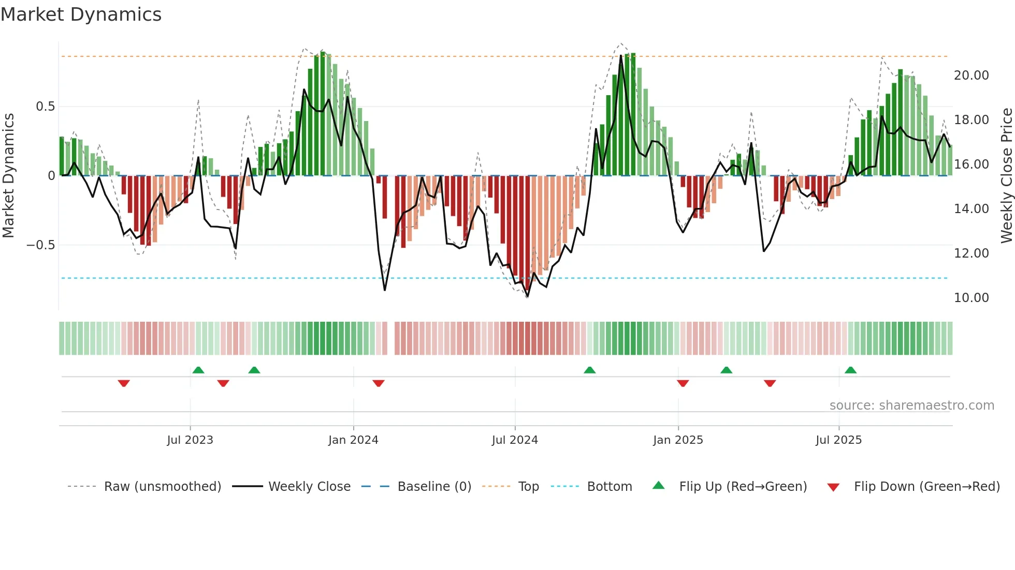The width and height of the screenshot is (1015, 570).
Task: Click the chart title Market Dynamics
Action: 81,14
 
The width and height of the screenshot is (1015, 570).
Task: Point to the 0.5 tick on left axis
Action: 45,107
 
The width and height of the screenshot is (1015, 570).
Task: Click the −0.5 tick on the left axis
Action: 40,245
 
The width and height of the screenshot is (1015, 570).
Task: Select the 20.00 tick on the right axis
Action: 971,76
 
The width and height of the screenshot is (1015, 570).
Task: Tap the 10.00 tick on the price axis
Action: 971,298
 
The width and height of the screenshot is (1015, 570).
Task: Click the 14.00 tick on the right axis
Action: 971,209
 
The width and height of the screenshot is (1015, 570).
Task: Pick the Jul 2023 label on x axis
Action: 190,440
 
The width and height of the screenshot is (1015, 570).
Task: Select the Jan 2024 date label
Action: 353,440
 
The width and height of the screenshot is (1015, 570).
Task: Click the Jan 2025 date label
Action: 678,440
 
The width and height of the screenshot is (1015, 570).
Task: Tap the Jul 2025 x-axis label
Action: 838,440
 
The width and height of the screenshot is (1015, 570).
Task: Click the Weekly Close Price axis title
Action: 1006,175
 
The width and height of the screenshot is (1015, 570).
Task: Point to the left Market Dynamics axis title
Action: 8,175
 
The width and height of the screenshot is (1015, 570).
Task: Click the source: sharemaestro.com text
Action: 911,406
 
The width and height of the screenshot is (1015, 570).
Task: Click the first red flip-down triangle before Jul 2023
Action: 124,383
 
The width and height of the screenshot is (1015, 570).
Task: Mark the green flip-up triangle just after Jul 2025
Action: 850,370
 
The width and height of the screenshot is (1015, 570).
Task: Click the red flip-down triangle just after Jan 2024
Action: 379,383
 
